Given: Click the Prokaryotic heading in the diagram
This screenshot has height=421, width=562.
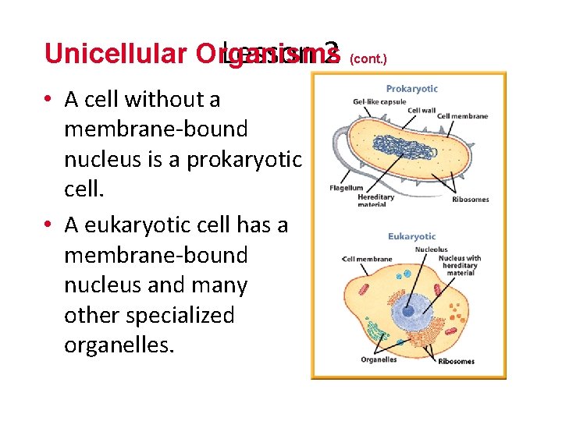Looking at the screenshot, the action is click(x=411, y=89).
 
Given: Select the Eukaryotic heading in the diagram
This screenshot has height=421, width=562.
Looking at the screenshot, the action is click(x=411, y=236).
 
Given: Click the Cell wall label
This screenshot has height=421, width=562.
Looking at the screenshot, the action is click(x=421, y=111).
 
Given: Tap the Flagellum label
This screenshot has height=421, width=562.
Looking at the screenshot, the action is click(x=347, y=188).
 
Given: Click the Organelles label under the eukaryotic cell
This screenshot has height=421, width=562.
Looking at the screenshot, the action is click(x=379, y=359).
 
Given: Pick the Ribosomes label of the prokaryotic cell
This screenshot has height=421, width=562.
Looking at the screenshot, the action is click(x=470, y=200).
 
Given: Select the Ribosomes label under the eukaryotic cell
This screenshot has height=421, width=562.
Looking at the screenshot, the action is click(x=456, y=362).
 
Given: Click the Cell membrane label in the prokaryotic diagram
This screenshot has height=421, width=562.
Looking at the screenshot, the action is click(x=463, y=117).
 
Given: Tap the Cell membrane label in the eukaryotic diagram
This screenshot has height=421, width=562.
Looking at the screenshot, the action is click(x=368, y=259).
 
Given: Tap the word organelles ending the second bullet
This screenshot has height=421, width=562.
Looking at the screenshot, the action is click(x=119, y=345).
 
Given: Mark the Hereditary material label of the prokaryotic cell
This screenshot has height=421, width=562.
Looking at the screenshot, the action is click(x=375, y=200).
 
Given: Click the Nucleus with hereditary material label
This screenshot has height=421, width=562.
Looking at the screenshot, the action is click(x=460, y=265).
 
